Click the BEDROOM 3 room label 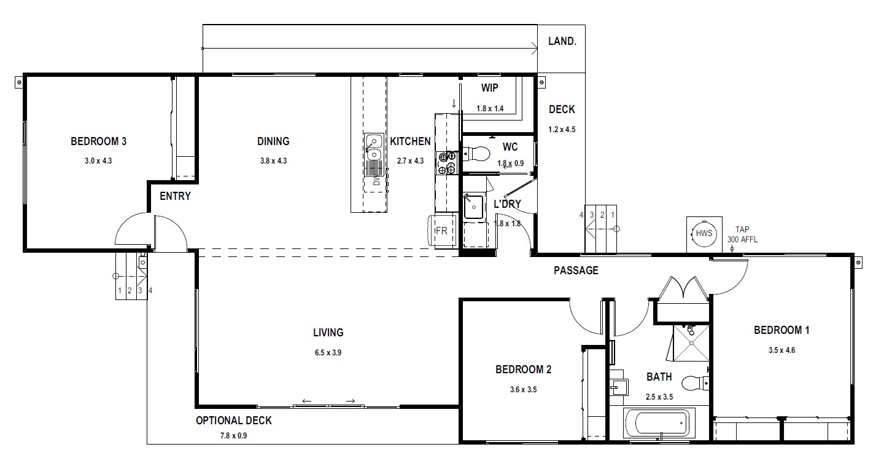[x=99, y=141]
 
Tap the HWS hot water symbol [x=704, y=234]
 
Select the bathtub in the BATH [x=659, y=423]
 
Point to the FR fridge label [x=441, y=231]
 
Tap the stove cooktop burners [x=447, y=162]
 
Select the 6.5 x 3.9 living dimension [x=328, y=352]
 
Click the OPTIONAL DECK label [x=233, y=421]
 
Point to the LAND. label [x=562, y=41]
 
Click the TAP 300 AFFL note [x=742, y=234]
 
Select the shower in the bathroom [x=691, y=342]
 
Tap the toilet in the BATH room [x=696, y=382]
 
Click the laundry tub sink [x=473, y=207]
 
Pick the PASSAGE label [x=576, y=271]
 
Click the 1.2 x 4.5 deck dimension [x=562, y=130]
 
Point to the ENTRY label [x=175, y=196]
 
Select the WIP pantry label [x=490, y=88]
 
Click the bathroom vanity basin [x=619, y=387]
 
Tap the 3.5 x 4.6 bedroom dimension [x=781, y=350]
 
